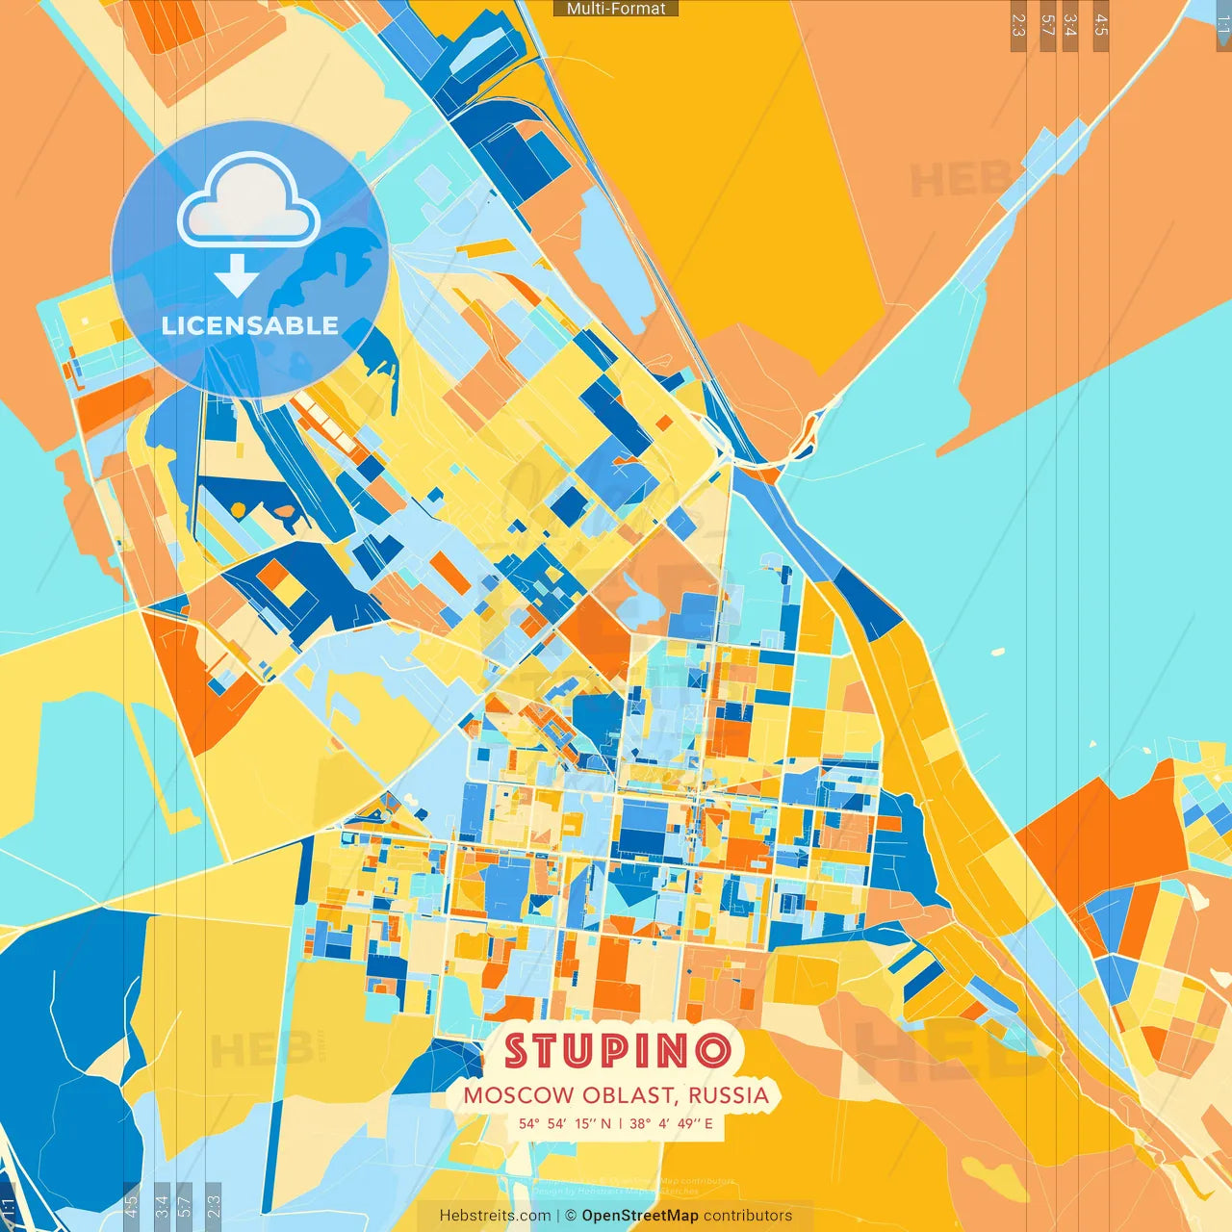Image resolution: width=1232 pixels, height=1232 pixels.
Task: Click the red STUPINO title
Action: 617,1050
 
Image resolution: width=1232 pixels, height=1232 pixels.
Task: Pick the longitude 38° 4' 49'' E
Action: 672,1123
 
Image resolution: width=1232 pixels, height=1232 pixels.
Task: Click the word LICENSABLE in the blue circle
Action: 250,325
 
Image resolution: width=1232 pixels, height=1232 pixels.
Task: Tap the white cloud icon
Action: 248,204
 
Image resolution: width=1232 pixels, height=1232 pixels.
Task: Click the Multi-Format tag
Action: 616,9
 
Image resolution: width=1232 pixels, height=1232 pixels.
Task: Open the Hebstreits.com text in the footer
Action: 495,1216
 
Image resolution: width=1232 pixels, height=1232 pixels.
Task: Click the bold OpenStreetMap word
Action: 640,1216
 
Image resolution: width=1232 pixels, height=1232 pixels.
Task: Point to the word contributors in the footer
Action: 748,1216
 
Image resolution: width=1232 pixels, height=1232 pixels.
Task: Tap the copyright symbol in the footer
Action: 571,1216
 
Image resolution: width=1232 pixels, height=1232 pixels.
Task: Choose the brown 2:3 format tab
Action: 1018,25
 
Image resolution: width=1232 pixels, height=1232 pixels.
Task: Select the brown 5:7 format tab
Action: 1047,25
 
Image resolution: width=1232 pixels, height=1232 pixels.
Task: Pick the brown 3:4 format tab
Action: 1070,25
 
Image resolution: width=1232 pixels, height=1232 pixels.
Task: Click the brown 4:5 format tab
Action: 1100,25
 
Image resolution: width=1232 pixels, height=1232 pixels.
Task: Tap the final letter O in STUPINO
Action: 714,1050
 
